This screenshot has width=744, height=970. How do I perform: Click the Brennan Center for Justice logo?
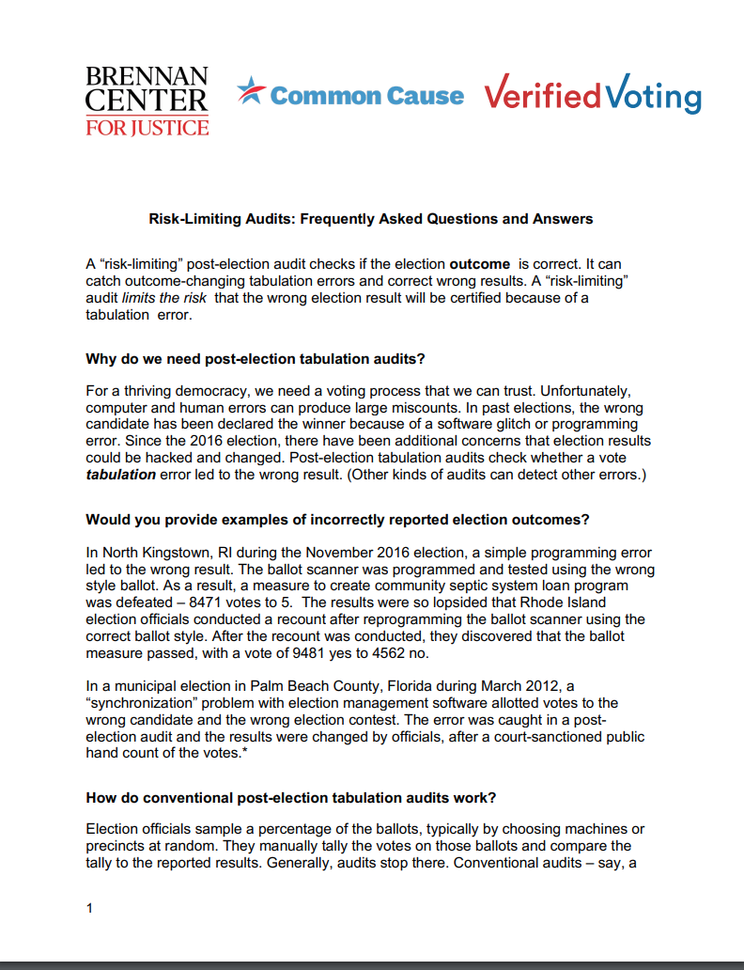point(147,101)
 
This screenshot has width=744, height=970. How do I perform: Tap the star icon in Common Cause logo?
point(250,92)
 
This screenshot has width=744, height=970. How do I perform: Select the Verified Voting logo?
point(592,96)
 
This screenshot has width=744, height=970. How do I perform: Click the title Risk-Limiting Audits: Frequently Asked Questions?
point(371,219)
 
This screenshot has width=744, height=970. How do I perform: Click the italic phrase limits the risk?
point(191,299)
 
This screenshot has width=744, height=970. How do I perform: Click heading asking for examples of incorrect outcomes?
point(337,520)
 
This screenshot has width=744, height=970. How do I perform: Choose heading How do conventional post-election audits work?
point(291,798)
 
